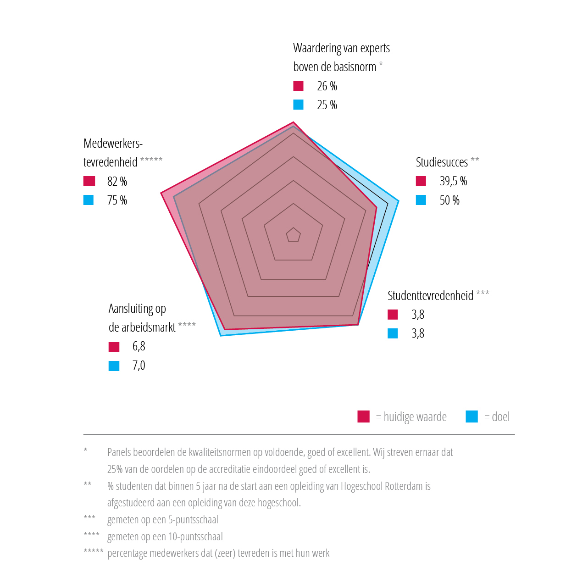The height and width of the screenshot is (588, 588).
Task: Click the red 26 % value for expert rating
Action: [x=327, y=86]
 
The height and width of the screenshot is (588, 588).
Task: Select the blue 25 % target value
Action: [x=327, y=105]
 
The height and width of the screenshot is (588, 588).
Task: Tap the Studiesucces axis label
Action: [x=442, y=162]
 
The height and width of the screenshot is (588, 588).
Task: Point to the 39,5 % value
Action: [x=453, y=181]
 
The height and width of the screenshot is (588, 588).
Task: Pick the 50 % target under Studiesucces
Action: [x=449, y=200]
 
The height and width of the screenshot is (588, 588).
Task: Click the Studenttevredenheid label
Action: [x=430, y=296]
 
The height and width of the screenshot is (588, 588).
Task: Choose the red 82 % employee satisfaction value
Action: [x=117, y=182]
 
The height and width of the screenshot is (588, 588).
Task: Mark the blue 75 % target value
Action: [x=117, y=200]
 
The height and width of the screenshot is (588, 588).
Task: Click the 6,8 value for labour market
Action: [x=139, y=347]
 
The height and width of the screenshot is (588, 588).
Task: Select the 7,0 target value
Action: [x=139, y=366]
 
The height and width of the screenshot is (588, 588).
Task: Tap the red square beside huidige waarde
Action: [x=364, y=416]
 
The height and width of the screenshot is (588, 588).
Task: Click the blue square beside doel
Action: [x=472, y=416]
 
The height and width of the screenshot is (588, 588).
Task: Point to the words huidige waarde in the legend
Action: [x=415, y=417]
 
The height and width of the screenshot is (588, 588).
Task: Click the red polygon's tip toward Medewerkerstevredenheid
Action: [x=161, y=193]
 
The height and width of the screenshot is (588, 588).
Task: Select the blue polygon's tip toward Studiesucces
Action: [x=398, y=201]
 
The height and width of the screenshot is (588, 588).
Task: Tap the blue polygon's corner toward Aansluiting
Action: [x=221, y=335]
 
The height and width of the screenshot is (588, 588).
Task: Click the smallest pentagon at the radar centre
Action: [x=293, y=235]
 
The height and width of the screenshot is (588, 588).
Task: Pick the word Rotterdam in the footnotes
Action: [x=404, y=486]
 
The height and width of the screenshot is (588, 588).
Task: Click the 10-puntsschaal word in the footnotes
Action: [x=201, y=537]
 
